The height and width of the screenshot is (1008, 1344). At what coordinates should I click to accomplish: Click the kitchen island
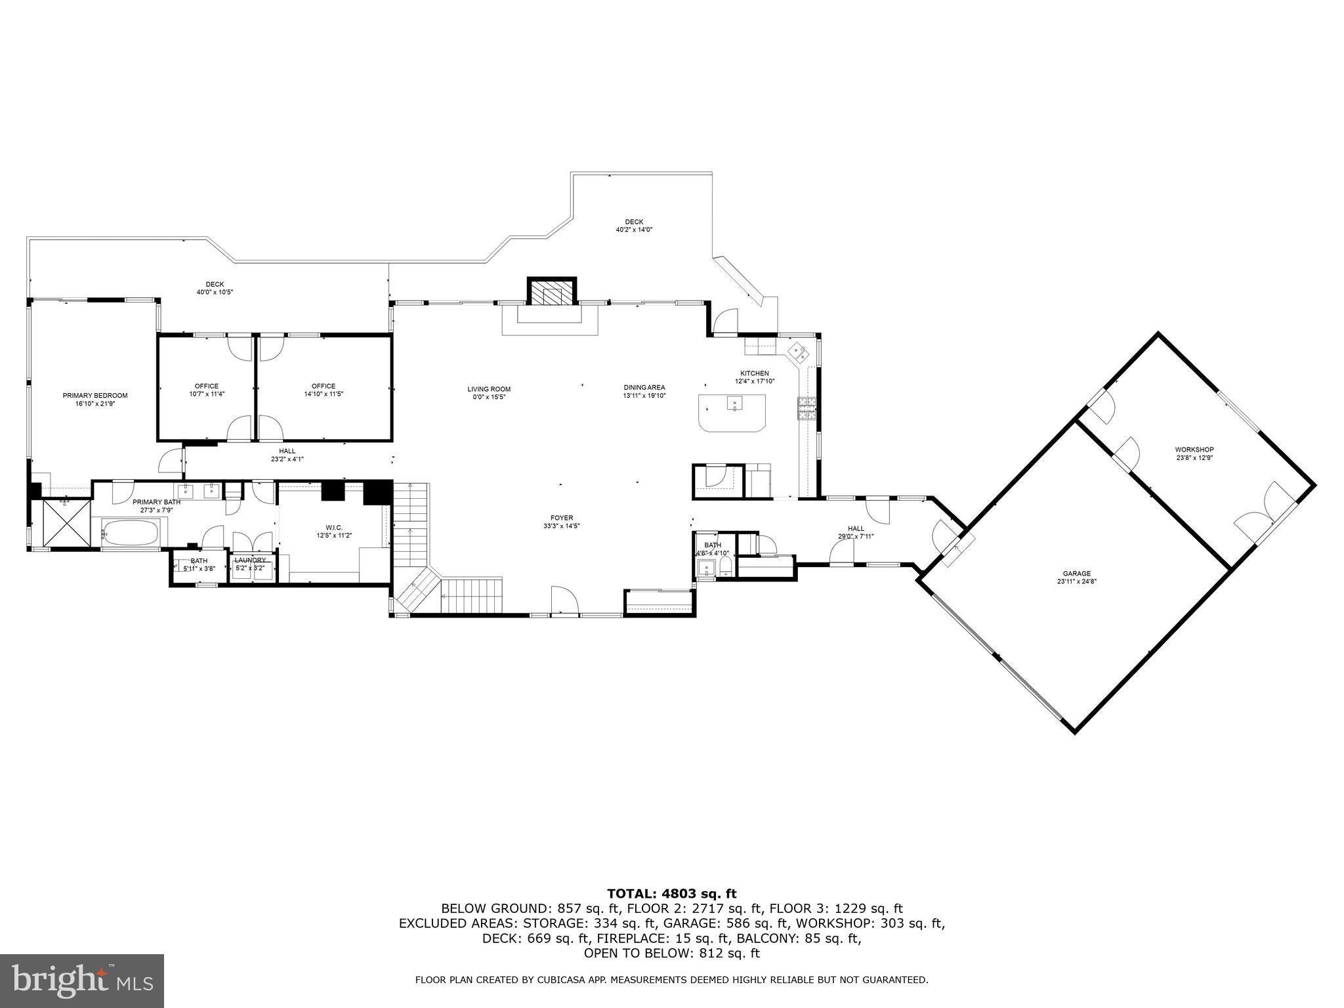tap(732, 412)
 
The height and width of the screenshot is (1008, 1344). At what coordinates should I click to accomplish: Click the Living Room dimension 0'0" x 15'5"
tap(489, 397)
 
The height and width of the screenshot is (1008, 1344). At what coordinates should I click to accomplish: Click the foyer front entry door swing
tap(564, 600)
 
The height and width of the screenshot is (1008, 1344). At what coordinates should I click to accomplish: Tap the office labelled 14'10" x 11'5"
tap(324, 390)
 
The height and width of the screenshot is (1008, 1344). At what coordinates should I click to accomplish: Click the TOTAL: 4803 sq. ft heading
tap(671, 893)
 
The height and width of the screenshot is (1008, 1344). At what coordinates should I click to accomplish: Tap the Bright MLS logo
tap(82, 981)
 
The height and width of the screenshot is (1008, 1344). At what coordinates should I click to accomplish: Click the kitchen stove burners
tap(806, 408)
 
